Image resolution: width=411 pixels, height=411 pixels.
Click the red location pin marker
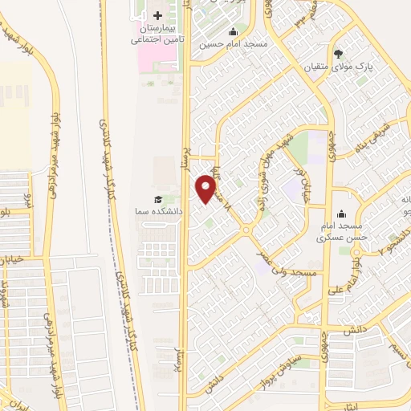(206, 189)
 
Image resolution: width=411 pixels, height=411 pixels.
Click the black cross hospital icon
(157, 15)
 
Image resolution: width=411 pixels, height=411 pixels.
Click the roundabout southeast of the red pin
(247, 230)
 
